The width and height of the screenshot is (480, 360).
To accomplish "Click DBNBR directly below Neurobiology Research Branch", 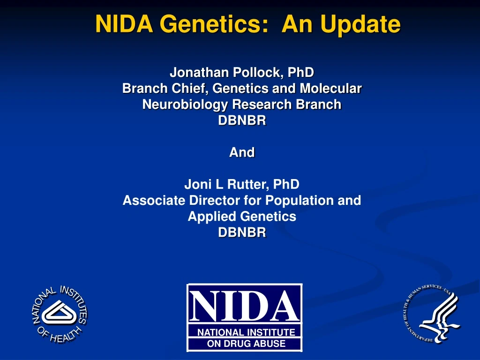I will coord(242,120).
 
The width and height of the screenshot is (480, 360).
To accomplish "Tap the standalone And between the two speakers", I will coord(242,152).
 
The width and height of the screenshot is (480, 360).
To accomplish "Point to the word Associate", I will coord(154,200).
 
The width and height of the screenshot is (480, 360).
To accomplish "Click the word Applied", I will coord(212,216).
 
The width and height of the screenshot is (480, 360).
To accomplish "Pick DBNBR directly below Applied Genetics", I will coord(242,232).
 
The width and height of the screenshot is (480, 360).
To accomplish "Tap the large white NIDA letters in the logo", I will coord(245,305).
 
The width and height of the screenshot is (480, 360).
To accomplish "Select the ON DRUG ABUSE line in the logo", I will coord(246,344).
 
